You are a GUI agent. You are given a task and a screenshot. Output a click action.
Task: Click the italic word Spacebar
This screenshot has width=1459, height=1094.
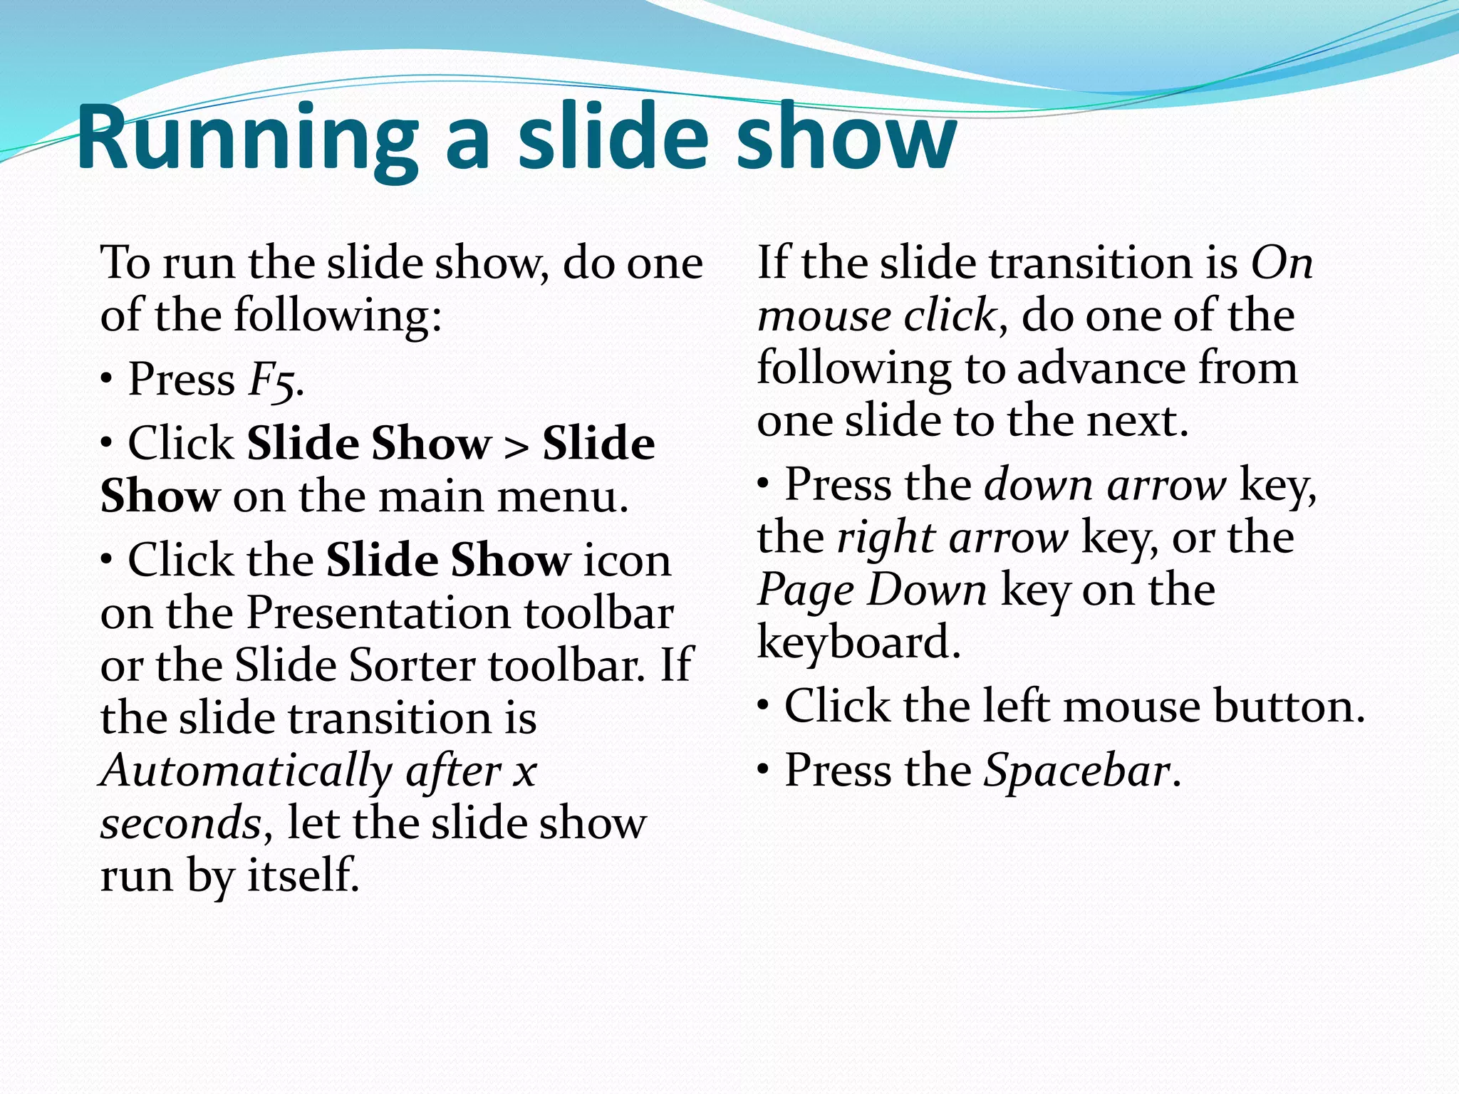[x=1076, y=771]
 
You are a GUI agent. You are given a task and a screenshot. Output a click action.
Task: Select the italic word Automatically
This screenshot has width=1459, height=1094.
[x=246, y=771]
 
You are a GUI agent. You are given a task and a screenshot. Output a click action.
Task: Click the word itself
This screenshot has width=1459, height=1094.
[x=302, y=875]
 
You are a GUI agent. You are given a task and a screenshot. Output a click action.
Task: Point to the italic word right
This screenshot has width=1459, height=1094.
[x=885, y=538]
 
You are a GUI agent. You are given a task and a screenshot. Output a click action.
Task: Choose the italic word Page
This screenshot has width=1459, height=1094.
[x=805, y=590]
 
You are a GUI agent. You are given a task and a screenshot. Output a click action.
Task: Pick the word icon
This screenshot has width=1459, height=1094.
[x=627, y=561]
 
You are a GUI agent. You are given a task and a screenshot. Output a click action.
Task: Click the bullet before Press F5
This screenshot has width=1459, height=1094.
[x=106, y=380]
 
